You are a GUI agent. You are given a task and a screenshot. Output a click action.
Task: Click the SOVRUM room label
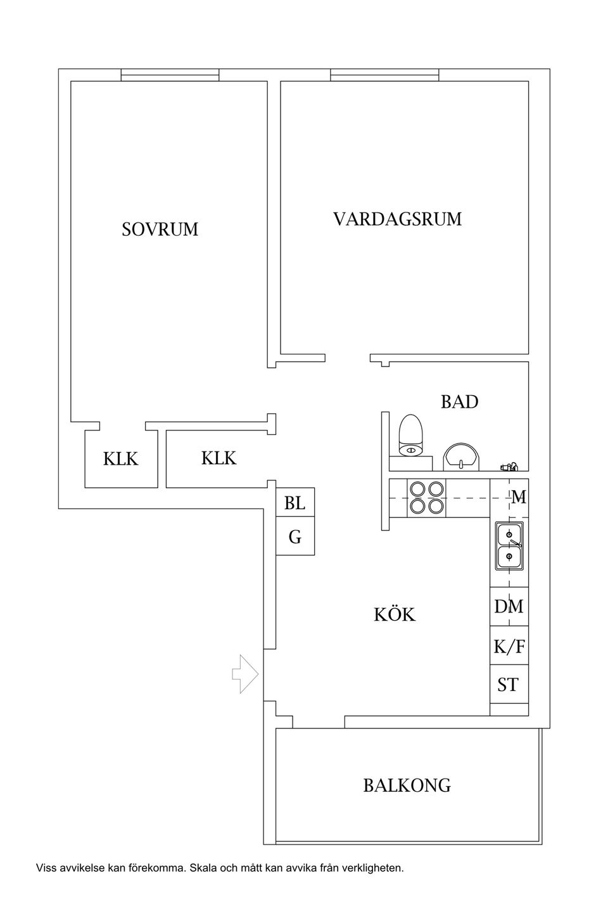160,229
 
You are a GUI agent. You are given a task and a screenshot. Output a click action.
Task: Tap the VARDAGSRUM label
397,219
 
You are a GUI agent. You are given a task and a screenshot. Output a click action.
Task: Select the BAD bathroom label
459,402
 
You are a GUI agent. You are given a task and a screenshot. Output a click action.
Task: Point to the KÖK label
395,614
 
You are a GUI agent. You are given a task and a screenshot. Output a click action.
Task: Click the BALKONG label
407,786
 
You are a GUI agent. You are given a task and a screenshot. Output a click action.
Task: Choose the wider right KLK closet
218,458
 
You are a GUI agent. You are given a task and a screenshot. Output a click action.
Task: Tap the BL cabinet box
294,503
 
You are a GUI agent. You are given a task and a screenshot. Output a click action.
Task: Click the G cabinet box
294,538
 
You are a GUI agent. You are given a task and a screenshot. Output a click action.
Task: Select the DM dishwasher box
509,607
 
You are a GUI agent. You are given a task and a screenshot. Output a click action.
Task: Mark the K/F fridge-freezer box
509,646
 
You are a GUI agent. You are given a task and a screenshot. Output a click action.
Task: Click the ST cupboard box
508,685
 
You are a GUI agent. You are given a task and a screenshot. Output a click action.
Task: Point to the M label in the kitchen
519,498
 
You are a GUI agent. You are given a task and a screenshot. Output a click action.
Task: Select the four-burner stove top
426,498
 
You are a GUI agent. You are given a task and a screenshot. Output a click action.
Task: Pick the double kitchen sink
509,545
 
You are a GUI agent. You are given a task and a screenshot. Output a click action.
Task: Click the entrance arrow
245,673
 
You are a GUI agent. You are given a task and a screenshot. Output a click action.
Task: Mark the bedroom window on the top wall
170,75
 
